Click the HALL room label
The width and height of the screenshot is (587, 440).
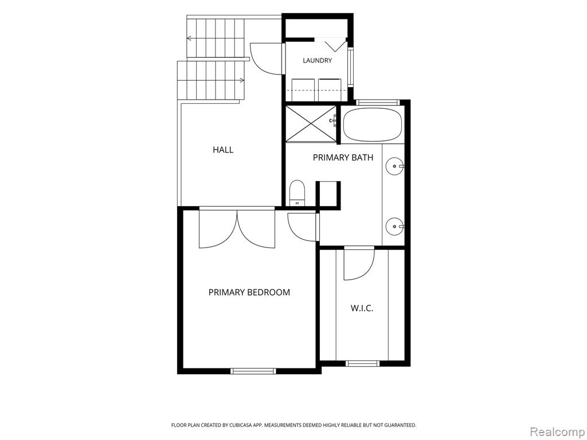(223, 150)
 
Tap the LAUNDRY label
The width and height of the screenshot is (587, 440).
(317, 60)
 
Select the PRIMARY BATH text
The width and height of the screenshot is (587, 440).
(343, 158)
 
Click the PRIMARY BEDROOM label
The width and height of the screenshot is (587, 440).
(249, 292)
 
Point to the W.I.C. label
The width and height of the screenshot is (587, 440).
(362, 308)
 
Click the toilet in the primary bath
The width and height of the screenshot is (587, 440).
(298, 193)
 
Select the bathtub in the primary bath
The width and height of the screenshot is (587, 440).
(373, 124)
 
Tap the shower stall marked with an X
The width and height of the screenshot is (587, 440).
(311, 124)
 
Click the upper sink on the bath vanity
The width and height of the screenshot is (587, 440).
(394, 165)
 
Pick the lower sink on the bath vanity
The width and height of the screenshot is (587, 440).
(394, 226)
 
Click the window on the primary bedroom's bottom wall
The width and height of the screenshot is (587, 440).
(253, 371)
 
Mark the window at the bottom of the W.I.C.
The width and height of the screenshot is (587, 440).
(362, 363)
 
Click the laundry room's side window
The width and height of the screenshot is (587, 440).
(350, 68)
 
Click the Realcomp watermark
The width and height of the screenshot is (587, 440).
(558, 432)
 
